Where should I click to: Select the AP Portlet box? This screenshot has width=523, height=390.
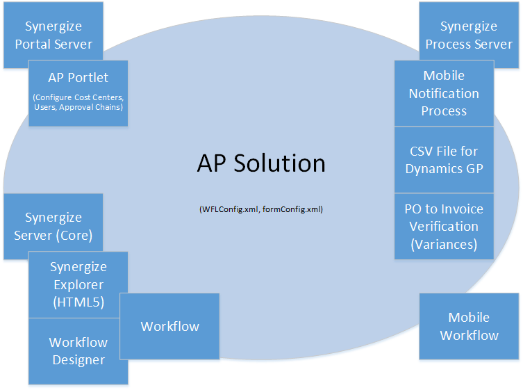(x=78, y=92)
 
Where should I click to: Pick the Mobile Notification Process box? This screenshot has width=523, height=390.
(x=444, y=93)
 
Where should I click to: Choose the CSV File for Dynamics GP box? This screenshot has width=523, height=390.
(x=444, y=159)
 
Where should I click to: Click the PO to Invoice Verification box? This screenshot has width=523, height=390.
(x=444, y=226)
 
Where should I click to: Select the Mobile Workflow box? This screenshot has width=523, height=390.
(x=469, y=326)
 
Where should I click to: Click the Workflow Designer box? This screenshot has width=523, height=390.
(x=78, y=351)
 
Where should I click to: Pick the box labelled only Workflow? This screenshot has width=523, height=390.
(x=169, y=326)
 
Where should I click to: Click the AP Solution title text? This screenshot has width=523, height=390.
(x=261, y=163)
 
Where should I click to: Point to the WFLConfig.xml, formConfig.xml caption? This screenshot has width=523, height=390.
(x=261, y=209)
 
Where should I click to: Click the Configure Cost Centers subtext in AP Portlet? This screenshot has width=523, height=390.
(x=78, y=96)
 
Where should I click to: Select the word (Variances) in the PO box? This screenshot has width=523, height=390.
(x=444, y=244)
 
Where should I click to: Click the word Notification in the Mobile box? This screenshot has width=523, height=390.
(x=444, y=93)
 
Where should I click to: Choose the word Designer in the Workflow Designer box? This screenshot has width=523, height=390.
(x=78, y=360)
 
